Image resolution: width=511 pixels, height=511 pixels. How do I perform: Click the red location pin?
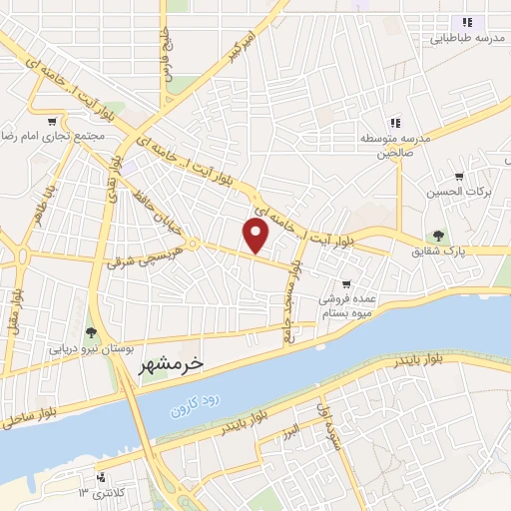tap(256, 237)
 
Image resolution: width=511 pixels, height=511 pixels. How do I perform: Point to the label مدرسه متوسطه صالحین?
tap(395, 146)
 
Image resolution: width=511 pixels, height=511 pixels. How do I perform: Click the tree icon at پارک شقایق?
tap(438, 236)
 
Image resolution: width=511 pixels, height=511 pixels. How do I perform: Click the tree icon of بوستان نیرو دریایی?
tap(91, 331)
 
